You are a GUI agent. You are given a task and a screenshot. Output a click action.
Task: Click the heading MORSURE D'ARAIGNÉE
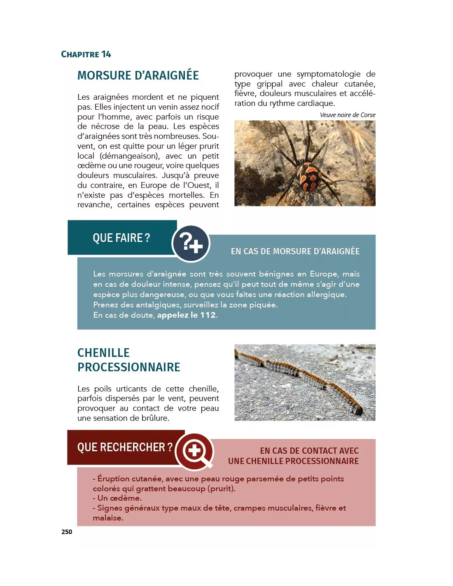pos(138,75)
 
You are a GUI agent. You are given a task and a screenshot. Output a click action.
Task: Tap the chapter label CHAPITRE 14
pos(86,54)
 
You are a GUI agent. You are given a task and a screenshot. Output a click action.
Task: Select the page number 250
pos(67,532)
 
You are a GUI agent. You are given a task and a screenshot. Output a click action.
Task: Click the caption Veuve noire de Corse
pos(348,115)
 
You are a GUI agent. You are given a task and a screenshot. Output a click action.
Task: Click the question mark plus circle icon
pos(191,244)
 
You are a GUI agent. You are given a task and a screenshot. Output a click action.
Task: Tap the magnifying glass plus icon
pos(195,451)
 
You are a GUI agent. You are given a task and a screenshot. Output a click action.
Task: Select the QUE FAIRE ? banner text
pos(121,238)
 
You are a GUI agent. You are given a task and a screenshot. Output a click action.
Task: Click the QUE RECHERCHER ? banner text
pos(125,447)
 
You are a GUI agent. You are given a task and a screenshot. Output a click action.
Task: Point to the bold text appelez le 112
pos(186,315)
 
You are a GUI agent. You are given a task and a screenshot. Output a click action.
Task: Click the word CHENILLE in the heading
pos(103,353)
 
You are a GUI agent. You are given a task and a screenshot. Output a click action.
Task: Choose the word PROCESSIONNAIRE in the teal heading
pos(129,367)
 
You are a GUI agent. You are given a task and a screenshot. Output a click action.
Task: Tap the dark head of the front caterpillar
pos(359,410)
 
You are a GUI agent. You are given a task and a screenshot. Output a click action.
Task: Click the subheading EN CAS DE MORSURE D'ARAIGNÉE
pos(295,251)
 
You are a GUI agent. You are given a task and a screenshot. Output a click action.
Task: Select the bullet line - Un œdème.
pos(117,498)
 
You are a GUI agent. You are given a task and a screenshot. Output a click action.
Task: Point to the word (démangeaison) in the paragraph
pos(130,156)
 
